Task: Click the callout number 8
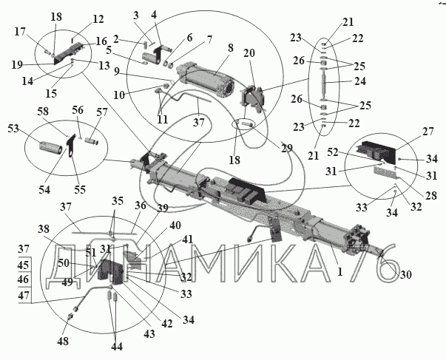[230, 48]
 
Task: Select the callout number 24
[359, 81]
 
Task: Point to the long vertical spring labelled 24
[323, 85]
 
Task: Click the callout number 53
[13, 129]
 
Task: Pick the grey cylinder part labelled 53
[50, 146]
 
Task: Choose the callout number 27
[428, 132]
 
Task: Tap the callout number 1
[340, 272]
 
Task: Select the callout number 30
[405, 275]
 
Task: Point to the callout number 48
[63, 341]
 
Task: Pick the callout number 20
[249, 53]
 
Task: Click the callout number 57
[101, 112]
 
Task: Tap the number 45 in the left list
[24, 265]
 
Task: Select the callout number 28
[431, 196]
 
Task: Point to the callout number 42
[167, 324]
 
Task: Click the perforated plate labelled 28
[385, 172]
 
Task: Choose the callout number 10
[119, 95]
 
